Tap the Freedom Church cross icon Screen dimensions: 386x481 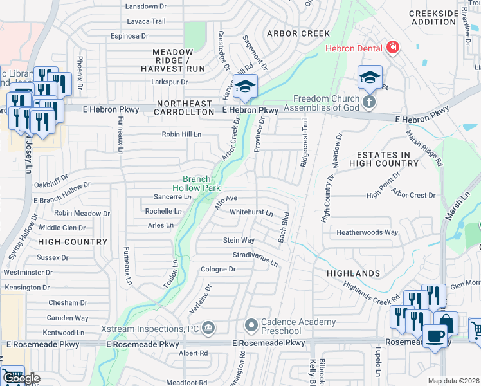point(369,102)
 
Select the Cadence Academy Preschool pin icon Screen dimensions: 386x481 point(251,326)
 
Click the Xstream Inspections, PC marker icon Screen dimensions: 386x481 point(208,329)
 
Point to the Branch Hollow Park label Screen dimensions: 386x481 point(206,183)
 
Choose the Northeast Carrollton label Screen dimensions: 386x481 point(183,107)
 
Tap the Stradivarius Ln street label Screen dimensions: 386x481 point(255,259)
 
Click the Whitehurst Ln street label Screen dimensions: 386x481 point(251,212)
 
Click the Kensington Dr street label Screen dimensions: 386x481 point(27,287)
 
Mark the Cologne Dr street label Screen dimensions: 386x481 point(218,270)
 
